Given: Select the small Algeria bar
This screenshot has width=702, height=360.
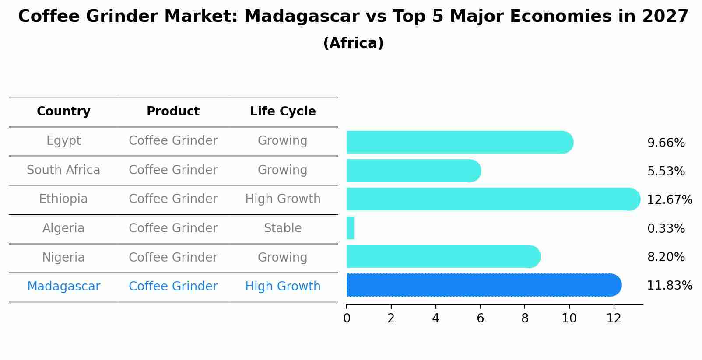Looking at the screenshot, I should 350,228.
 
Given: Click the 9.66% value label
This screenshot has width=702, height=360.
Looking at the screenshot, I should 666,143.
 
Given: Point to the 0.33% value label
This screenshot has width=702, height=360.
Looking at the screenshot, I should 666,228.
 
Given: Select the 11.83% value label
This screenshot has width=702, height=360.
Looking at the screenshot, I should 669,286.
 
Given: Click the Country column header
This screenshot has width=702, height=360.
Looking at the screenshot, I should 63,112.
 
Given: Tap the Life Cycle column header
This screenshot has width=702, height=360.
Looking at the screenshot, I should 283,112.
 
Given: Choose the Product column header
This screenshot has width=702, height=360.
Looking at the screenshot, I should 173,112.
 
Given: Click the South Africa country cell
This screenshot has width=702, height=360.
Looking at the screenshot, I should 63,170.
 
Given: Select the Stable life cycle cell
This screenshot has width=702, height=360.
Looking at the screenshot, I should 283,228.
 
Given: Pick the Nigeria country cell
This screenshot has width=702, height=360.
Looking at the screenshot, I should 63,257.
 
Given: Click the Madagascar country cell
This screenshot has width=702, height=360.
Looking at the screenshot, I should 63,287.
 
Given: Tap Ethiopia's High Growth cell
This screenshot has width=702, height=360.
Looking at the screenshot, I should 283,199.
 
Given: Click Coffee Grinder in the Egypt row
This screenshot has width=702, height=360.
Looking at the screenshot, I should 173,141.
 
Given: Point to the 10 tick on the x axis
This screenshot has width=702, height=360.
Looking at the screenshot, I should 569,318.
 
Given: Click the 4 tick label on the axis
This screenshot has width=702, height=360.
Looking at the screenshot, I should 435,318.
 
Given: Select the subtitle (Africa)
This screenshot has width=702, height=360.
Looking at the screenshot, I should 353,43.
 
